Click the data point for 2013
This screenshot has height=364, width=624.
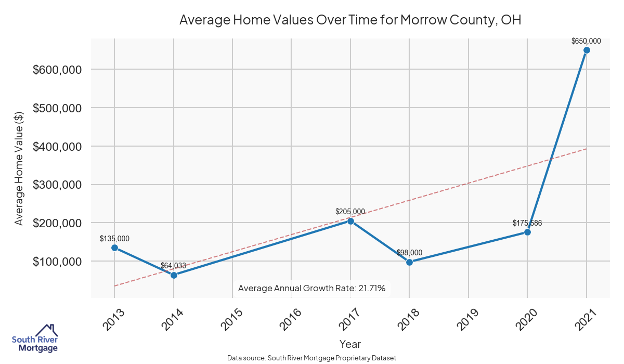pyautogui.click(x=114, y=248)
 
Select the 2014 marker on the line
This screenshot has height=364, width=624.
pyautogui.click(x=174, y=275)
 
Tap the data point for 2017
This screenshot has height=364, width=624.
pyautogui.click(x=350, y=221)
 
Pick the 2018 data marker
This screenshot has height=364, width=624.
pyautogui.click(x=409, y=262)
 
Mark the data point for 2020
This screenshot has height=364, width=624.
pyautogui.click(x=527, y=232)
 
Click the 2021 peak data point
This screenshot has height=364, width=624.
pyautogui.click(x=587, y=50)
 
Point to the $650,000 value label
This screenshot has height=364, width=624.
pyautogui.click(x=586, y=41)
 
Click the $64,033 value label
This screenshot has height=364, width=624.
pyautogui.click(x=173, y=266)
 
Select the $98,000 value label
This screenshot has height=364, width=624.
pyautogui.click(x=409, y=253)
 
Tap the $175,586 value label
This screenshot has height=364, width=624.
pyautogui.click(x=527, y=223)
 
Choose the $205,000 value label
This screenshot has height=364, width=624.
pyautogui.click(x=350, y=212)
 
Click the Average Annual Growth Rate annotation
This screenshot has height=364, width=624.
pyautogui.click(x=311, y=288)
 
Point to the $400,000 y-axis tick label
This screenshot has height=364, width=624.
pyautogui.click(x=57, y=147)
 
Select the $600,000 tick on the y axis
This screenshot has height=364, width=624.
pyautogui.click(x=57, y=70)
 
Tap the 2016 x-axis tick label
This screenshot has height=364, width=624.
pyautogui.click(x=291, y=320)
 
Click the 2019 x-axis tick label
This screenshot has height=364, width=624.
pyautogui.click(x=468, y=320)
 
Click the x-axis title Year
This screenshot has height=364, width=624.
pyautogui.click(x=350, y=344)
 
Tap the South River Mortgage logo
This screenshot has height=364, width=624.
pyautogui.click(x=35, y=338)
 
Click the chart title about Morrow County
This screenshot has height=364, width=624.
pyautogui.click(x=350, y=20)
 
